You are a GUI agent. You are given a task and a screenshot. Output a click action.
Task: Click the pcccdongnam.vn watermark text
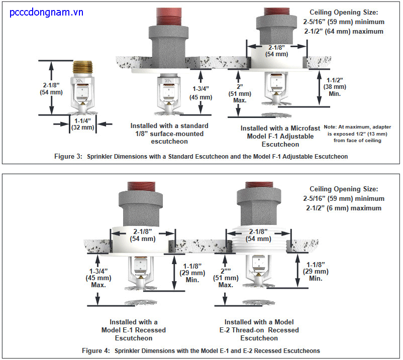[x=46, y=12]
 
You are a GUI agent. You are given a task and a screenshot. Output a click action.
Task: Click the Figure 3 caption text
[x=200, y=156]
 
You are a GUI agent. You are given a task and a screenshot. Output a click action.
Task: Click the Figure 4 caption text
[x=200, y=350]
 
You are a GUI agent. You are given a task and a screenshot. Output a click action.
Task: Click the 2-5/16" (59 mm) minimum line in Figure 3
[x=347, y=22]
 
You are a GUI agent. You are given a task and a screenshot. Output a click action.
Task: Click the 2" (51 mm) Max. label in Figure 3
[x=240, y=90]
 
